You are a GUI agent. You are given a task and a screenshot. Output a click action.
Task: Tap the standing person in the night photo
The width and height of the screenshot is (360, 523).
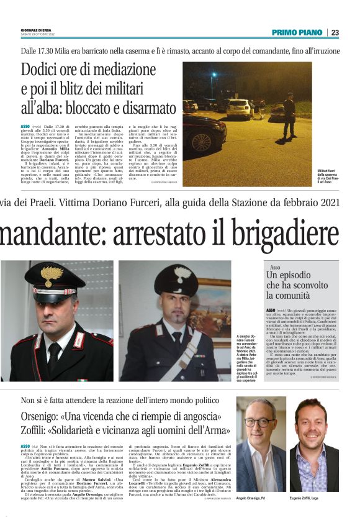(x=289, y=114)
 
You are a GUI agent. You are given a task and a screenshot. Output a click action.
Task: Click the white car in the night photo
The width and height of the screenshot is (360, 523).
(x=238, y=108)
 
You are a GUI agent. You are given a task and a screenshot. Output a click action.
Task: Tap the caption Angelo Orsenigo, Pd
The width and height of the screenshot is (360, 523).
(x=256, y=498)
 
